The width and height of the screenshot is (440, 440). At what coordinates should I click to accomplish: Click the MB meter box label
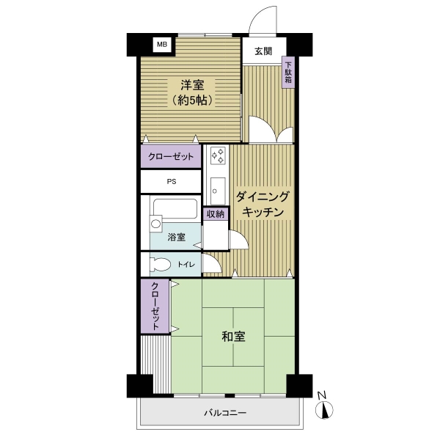point(162,44)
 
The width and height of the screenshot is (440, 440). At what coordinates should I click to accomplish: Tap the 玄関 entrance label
point(263,51)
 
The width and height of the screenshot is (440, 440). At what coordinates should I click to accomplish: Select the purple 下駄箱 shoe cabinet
point(288,73)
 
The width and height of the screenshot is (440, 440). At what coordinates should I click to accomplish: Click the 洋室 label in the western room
point(192,85)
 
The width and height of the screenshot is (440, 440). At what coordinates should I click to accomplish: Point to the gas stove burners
point(218,156)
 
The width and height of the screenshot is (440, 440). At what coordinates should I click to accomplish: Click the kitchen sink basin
point(218,191)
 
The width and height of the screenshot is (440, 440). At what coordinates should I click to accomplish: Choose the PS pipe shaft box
point(171,182)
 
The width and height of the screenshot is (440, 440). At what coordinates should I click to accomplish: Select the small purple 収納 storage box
point(216,214)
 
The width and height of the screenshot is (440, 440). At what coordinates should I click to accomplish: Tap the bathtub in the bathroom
point(175,209)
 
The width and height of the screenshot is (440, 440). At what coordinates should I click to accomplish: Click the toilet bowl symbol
point(160,264)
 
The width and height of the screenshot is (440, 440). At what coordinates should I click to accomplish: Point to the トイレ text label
point(186,264)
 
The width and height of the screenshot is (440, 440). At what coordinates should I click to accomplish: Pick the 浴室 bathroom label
point(176,237)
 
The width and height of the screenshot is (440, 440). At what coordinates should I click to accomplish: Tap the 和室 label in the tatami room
point(233,336)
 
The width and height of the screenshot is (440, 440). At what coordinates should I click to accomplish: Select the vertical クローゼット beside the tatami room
point(155,306)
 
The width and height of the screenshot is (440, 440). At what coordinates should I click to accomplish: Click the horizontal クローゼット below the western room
point(171,156)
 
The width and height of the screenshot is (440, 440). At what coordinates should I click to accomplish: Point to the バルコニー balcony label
point(225,413)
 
